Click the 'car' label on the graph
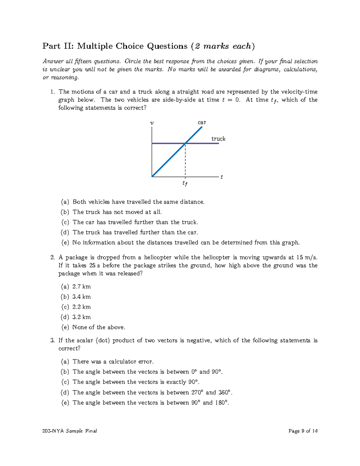(x=202, y=122)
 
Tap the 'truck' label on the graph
(x=218, y=139)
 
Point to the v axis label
(x=152, y=123)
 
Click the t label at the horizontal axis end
(x=221, y=177)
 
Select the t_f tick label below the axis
(x=185, y=183)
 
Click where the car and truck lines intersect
(x=185, y=143)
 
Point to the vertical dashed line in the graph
(x=185, y=161)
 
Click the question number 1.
(x=52, y=92)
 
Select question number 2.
(x=52, y=257)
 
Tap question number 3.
(x=52, y=341)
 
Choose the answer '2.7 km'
(x=81, y=287)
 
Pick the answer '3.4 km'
(x=81, y=297)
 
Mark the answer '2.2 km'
(x=81, y=307)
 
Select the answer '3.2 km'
(x=81, y=317)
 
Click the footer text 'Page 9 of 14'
(x=303, y=431)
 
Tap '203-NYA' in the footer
(x=53, y=431)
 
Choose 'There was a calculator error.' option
(x=113, y=362)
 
